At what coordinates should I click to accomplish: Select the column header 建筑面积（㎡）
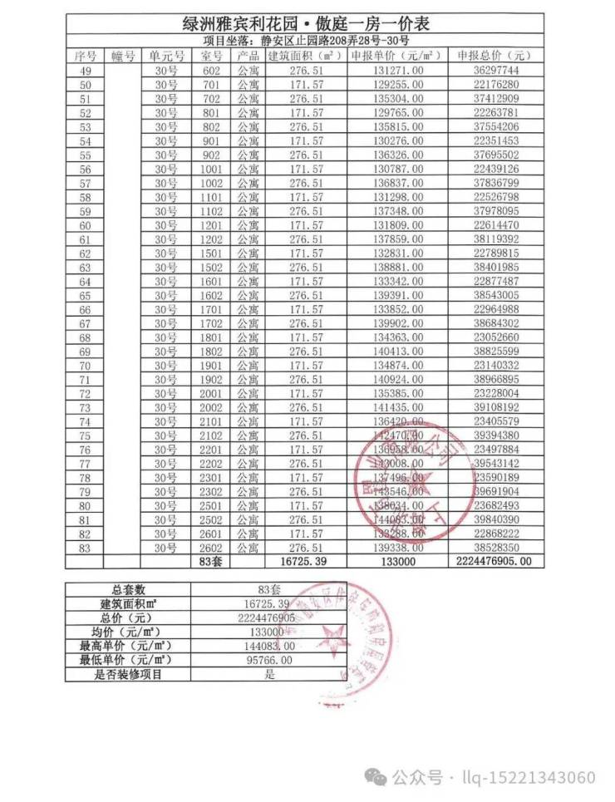pos(304,56)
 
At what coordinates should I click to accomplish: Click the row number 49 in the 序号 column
pos(84,71)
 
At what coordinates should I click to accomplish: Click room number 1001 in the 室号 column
pos(211,170)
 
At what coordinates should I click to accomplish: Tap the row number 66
pos(84,309)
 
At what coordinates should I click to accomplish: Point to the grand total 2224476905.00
pos(494,562)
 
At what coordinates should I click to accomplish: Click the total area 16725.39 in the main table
pos(304,562)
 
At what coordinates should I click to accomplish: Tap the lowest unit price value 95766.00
pos(269,660)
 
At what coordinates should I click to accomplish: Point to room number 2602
pos(211,548)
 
